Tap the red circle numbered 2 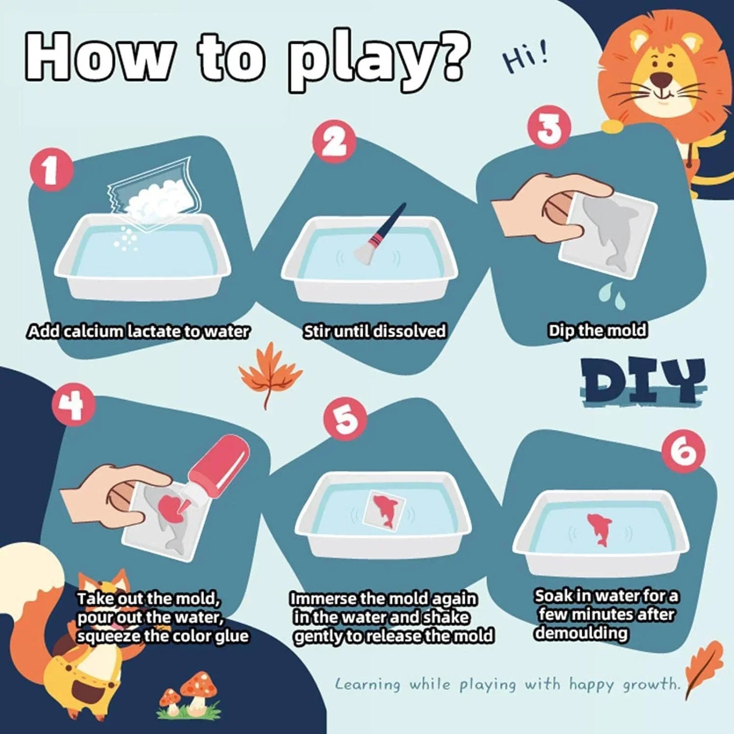pyautogui.click(x=333, y=142)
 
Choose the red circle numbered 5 pyautogui.click(x=346, y=419)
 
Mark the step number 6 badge pyautogui.click(x=683, y=451)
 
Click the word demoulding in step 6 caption pyautogui.click(x=581, y=633)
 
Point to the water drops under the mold pyautogui.click(x=612, y=296)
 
